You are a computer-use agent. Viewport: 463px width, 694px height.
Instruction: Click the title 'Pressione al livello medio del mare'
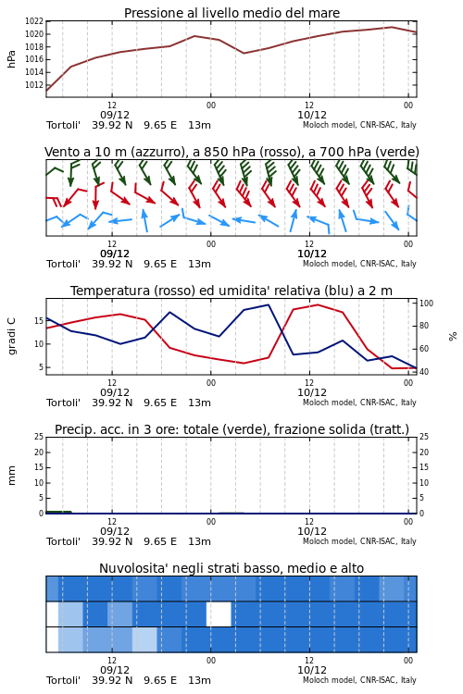click(231, 13)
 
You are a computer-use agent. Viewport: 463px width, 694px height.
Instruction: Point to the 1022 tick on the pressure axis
click(34, 21)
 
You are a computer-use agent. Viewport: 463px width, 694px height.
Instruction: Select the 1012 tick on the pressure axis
click(34, 85)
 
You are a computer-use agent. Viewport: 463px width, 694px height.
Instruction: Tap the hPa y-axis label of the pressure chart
click(11, 59)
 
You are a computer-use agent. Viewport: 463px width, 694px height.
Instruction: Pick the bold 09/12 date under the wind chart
click(115, 254)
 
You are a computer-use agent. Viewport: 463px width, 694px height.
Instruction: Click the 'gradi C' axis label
click(11, 337)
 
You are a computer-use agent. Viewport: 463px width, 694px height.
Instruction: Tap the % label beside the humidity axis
click(453, 337)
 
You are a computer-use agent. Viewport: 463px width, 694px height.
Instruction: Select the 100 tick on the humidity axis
click(426, 304)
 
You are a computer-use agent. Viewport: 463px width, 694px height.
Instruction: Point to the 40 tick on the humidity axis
click(424, 372)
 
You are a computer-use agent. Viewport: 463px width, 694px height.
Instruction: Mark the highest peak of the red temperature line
click(319, 304)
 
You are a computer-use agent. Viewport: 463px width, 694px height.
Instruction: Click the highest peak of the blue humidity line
click(268, 304)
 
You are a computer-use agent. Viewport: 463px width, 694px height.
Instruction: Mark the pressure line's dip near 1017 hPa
click(244, 53)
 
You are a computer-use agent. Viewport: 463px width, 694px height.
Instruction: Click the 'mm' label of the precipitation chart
click(11, 476)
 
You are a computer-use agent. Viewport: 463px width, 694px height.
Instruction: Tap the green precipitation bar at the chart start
click(58, 512)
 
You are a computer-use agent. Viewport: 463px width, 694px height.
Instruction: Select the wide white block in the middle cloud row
click(219, 614)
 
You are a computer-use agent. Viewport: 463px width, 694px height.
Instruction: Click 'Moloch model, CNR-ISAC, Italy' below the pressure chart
click(359, 125)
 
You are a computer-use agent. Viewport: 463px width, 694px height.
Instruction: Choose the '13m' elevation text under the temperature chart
click(199, 403)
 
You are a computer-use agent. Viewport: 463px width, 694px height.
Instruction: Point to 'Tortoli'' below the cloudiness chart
click(63, 680)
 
